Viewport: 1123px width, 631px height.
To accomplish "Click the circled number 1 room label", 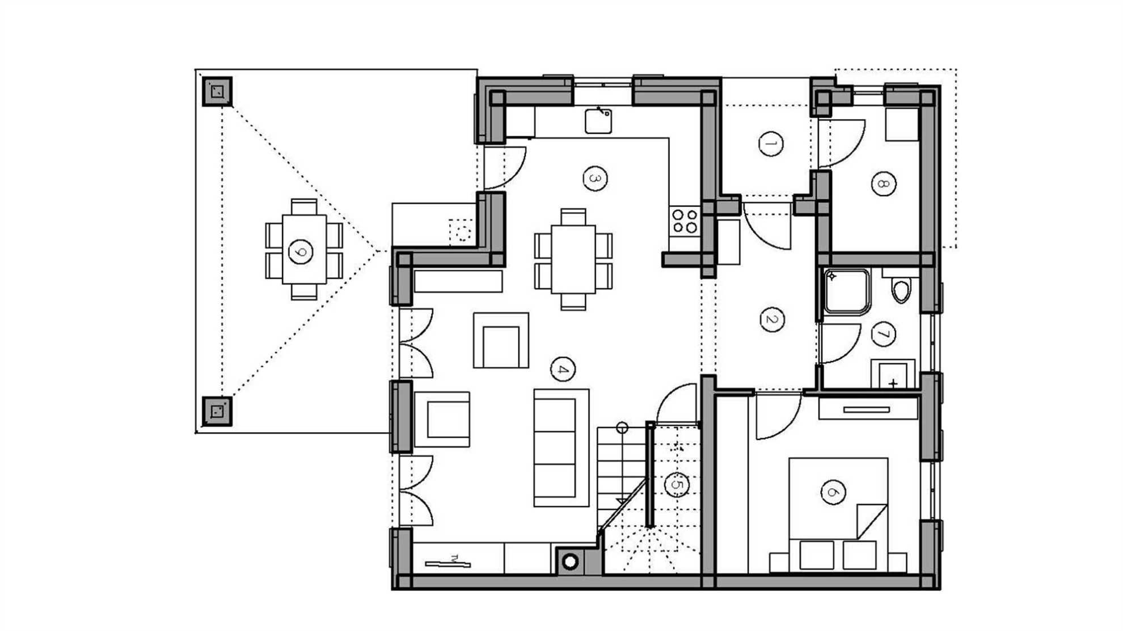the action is tap(771, 143).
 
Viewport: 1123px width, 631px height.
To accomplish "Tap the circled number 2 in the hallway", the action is tap(772, 320).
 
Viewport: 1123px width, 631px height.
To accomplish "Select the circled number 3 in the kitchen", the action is tap(595, 179).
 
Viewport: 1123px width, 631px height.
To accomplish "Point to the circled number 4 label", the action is tap(563, 370).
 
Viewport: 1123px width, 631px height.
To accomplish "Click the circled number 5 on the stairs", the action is tap(676, 485).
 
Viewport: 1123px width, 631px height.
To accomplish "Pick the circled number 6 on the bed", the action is tap(833, 492).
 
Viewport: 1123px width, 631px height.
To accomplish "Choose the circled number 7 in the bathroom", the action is tap(883, 334).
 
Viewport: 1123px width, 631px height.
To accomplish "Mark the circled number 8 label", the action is tap(883, 184).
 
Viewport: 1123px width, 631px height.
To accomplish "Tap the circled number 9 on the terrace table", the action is tap(301, 252).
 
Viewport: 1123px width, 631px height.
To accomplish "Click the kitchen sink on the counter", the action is tap(598, 121).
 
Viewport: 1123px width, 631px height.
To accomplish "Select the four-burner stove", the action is tap(685, 221).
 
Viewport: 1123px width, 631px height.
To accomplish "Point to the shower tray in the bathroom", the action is tap(847, 292).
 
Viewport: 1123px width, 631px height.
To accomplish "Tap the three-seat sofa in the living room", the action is tap(561, 448).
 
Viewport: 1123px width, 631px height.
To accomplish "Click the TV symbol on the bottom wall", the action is tap(448, 563).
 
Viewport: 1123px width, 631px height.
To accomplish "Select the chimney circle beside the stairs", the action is tap(570, 562).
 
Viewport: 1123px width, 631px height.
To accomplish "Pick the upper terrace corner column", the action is tap(217, 91).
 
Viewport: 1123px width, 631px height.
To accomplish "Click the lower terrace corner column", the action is tap(217, 412).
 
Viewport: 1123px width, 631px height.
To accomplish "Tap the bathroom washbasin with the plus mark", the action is tap(893, 374).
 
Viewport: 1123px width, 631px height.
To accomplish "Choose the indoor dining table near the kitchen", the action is tap(573, 260).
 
